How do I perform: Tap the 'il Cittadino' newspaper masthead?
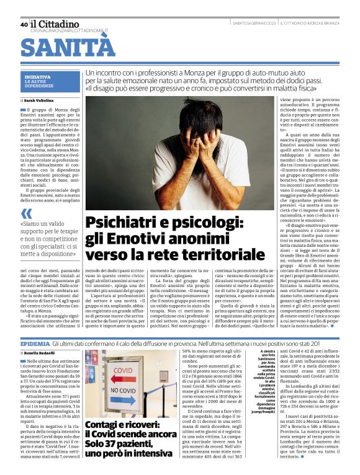(x=53, y=23)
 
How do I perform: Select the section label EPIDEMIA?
(x=35, y=343)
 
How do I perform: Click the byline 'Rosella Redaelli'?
(x=41, y=353)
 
